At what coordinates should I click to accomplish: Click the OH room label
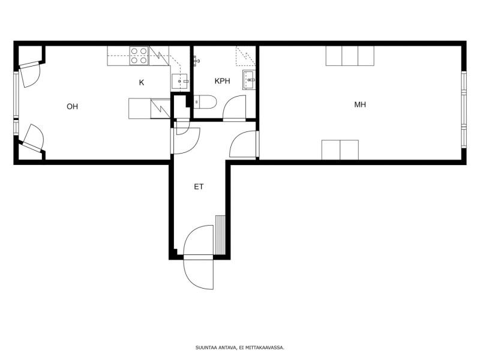click(72, 107)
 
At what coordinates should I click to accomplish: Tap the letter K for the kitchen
click(142, 83)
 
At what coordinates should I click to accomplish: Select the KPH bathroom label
click(222, 81)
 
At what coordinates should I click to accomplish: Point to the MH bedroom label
click(360, 104)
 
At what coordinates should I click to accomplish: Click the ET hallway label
click(199, 187)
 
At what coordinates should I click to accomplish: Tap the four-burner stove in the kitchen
click(139, 56)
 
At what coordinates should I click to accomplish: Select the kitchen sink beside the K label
click(179, 81)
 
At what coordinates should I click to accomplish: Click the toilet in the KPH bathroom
click(205, 101)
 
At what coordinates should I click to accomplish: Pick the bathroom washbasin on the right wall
click(249, 80)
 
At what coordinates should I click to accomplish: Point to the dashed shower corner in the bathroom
click(245, 56)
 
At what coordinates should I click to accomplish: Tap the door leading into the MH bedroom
click(244, 144)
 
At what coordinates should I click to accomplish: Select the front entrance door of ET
click(199, 257)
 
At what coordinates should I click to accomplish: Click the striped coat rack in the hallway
click(220, 235)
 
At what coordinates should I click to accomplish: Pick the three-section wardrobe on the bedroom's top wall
click(350, 56)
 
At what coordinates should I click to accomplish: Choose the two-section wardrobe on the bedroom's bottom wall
click(340, 150)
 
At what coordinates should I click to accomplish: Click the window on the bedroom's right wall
click(464, 110)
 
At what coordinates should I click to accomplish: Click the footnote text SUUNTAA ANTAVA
click(216, 347)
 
